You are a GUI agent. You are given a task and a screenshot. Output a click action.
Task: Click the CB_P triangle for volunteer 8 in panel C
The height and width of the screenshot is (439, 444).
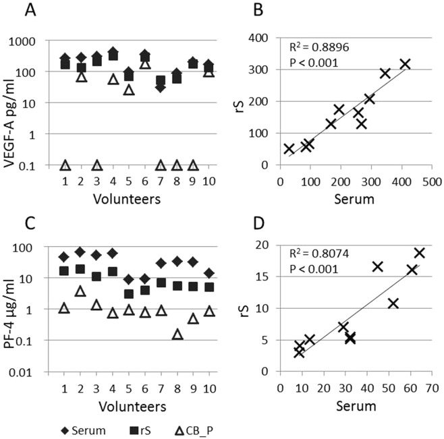pos(177,334)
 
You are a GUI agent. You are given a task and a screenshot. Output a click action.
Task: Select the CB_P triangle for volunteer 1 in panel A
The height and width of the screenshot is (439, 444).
pos(65,165)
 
